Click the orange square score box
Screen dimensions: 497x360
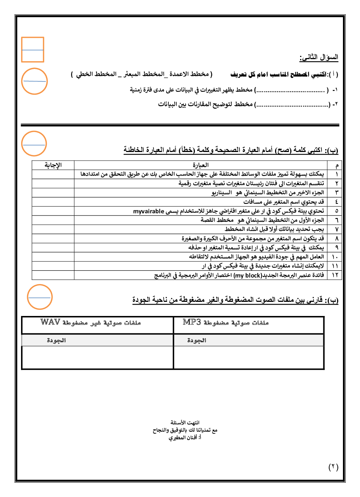(x=33, y=50)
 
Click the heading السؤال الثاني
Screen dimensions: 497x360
(x=319, y=57)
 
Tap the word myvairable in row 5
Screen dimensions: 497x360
(x=148, y=211)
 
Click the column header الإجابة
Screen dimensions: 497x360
(x=53, y=165)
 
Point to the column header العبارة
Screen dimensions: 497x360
(x=200, y=165)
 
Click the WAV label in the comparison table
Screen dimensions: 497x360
(x=50, y=322)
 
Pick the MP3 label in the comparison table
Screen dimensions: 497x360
(x=192, y=322)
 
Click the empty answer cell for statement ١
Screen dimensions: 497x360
(x=53, y=174)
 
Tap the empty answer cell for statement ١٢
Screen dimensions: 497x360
(x=53, y=275)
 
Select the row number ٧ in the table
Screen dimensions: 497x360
(x=336, y=229)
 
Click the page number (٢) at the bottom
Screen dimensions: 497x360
(x=333, y=467)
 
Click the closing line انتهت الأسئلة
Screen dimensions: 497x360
(x=185, y=423)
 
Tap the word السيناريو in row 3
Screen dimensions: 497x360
(x=221, y=193)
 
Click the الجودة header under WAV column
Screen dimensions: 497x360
(x=56, y=340)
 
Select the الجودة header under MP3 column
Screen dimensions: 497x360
(x=196, y=340)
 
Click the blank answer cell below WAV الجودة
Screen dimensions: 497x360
(x=97, y=358)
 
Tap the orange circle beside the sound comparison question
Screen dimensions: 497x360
(x=40, y=297)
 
